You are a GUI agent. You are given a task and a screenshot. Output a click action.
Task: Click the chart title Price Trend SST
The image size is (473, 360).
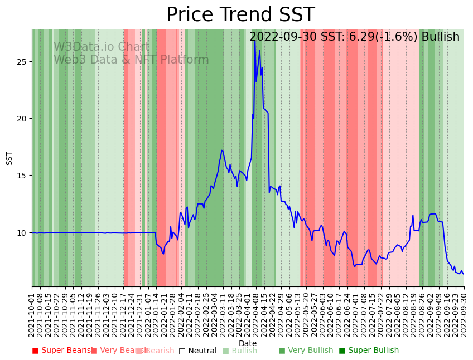(240, 15)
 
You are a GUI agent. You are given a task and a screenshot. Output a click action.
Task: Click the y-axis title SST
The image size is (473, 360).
(9, 158)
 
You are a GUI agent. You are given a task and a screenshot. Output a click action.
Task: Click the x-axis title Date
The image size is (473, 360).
(248, 344)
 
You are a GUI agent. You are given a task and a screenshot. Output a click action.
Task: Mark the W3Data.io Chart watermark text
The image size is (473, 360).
(102, 47)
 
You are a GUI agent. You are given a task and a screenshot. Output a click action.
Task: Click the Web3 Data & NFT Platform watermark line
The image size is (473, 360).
(131, 60)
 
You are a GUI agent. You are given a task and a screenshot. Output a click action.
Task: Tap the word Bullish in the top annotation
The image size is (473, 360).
(441, 37)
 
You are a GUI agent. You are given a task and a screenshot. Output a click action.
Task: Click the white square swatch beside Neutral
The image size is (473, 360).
(182, 351)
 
